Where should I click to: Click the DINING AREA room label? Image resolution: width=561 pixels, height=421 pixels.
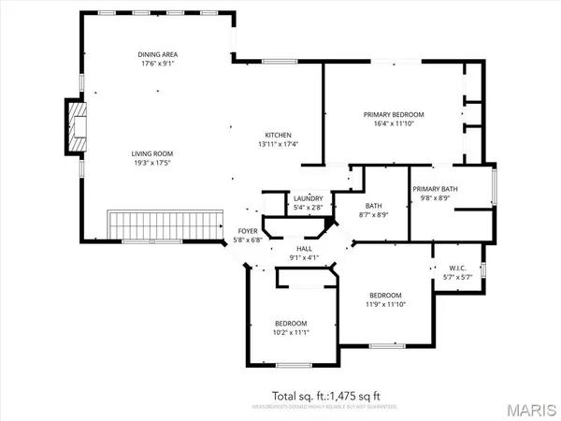pyautogui.click(x=157, y=55)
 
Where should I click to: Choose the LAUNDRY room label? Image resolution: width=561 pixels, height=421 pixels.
pyautogui.click(x=308, y=198)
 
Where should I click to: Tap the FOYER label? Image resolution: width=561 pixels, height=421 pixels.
pyautogui.click(x=247, y=230)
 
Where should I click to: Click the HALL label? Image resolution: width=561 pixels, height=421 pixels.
pyautogui.click(x=304, y=248)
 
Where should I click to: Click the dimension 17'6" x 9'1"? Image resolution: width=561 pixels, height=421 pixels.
pyautogui.click(x=157, y=65)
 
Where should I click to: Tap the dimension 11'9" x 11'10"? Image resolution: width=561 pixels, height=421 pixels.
pyautogui.click(x=384, y=302)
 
